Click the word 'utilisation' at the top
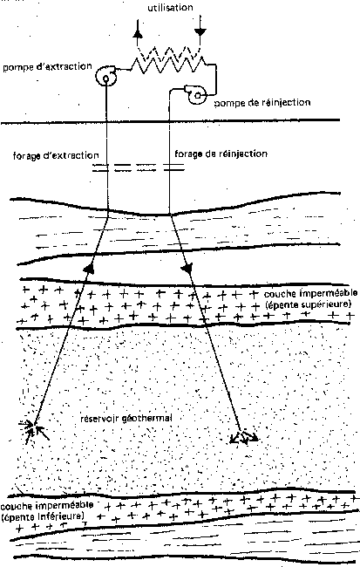170,8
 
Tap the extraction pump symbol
105,76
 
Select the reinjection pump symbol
197,95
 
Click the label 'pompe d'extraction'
47,67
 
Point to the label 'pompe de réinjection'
262,103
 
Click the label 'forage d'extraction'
56,155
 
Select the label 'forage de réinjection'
221,154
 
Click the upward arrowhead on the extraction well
89,268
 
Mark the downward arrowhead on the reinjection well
187,269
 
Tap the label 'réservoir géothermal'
126,419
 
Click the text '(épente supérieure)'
309,304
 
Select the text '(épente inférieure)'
43,515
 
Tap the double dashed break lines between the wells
138,167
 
